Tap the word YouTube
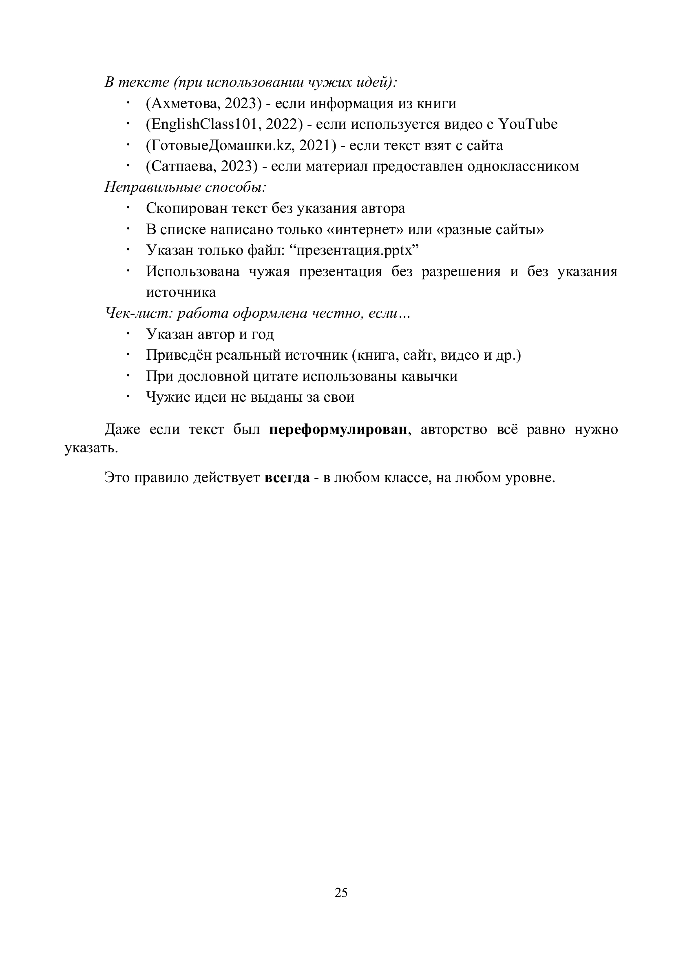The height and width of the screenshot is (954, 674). [x=528, y=124]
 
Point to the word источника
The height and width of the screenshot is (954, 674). [x=181, y=292]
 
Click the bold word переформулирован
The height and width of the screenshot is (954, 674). [x=338, y=429]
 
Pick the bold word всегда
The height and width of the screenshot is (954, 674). [x=287, y=478]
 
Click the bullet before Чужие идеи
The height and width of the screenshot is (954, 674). [x=128, y=396]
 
